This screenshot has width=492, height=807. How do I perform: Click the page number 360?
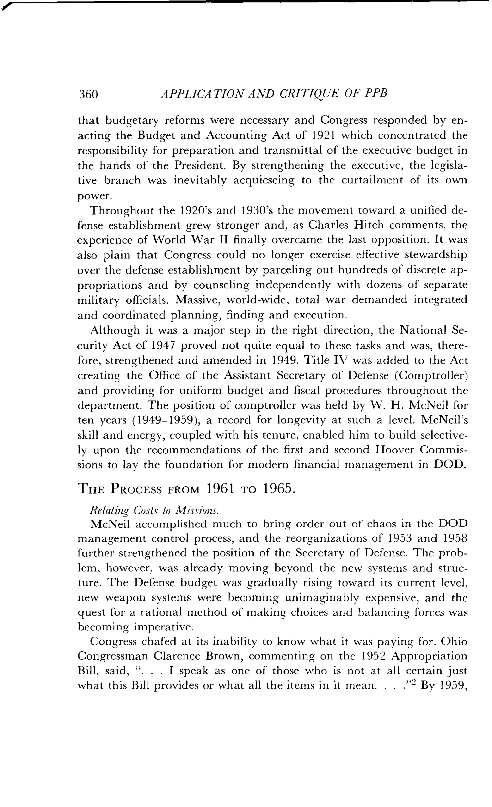(88, 94)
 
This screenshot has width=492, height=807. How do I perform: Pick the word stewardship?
(433, 255)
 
